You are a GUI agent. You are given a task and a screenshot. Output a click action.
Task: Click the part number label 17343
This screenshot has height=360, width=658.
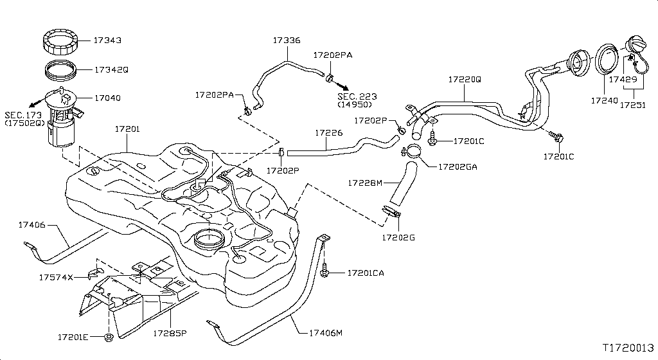coord(107,40)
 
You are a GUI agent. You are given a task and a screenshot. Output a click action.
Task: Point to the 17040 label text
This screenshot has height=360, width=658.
coord(107,98)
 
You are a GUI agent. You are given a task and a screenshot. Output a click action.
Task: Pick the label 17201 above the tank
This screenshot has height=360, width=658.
coord(127,129)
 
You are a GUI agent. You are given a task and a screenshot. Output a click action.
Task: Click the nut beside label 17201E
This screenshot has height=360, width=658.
coord(108,336)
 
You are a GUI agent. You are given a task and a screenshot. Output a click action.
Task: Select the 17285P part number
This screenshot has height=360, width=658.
coord(169,334)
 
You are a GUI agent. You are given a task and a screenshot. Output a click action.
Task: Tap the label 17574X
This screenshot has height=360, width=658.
coord(56,277)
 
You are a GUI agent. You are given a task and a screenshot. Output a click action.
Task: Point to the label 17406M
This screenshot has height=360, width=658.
coord(326,333)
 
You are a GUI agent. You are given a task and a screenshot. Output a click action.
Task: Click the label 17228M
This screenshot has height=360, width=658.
coord(365,183)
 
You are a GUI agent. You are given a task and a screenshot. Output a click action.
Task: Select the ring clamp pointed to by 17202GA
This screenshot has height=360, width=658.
coord(412,152)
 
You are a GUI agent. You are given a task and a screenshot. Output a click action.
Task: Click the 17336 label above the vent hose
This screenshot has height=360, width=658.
coord(286,40)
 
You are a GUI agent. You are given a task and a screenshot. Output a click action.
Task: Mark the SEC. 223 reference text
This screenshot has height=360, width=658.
coord(358,96)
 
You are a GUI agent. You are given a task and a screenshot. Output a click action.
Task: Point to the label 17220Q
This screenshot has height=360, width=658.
coord(465,80)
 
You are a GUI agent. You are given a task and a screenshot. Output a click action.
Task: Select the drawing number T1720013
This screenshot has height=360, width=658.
coord(628,347)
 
